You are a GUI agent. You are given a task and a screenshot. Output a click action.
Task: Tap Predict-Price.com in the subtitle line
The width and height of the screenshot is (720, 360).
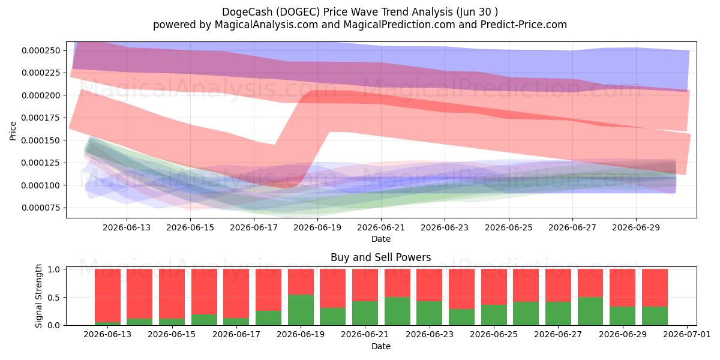tap(524, 25)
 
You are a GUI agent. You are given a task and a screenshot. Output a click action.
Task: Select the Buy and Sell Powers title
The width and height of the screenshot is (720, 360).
tap(380, 257)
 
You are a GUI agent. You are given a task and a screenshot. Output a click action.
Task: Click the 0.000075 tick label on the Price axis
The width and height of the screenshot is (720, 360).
tap(41, 208)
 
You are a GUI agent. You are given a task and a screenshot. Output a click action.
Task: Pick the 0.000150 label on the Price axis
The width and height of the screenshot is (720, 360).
tap(41, 140)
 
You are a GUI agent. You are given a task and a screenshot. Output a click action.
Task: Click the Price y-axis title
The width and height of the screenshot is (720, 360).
tap(13, 131)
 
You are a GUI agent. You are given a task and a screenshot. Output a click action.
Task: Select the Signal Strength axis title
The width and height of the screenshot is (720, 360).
tap(38, 296)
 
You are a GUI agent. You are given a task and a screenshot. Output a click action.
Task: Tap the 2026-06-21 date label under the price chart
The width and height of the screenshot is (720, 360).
tap(381, 227)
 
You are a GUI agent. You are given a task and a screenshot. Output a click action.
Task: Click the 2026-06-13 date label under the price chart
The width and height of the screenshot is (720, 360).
tap(127, 227)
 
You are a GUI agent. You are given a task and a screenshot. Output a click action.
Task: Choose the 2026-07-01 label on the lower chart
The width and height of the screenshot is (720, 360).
tap(687, 334)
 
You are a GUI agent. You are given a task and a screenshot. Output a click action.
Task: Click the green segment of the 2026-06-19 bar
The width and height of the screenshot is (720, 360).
tap(301, 310)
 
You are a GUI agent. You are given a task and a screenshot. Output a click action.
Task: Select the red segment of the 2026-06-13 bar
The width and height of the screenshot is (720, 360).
tap(107, 295)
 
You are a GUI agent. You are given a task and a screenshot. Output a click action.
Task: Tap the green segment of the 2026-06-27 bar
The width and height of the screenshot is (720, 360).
tap(559, 313)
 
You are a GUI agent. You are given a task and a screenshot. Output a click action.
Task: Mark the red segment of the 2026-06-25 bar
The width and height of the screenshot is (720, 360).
tap(494, 287)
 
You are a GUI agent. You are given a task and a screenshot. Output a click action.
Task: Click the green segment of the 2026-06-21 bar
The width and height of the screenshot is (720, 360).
tap(365, 313)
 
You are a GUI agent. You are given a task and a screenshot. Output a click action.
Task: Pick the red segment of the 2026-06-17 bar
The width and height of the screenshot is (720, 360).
tap(236, 293)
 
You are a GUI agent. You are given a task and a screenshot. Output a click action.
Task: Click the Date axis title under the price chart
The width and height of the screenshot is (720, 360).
tap(381, 239)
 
